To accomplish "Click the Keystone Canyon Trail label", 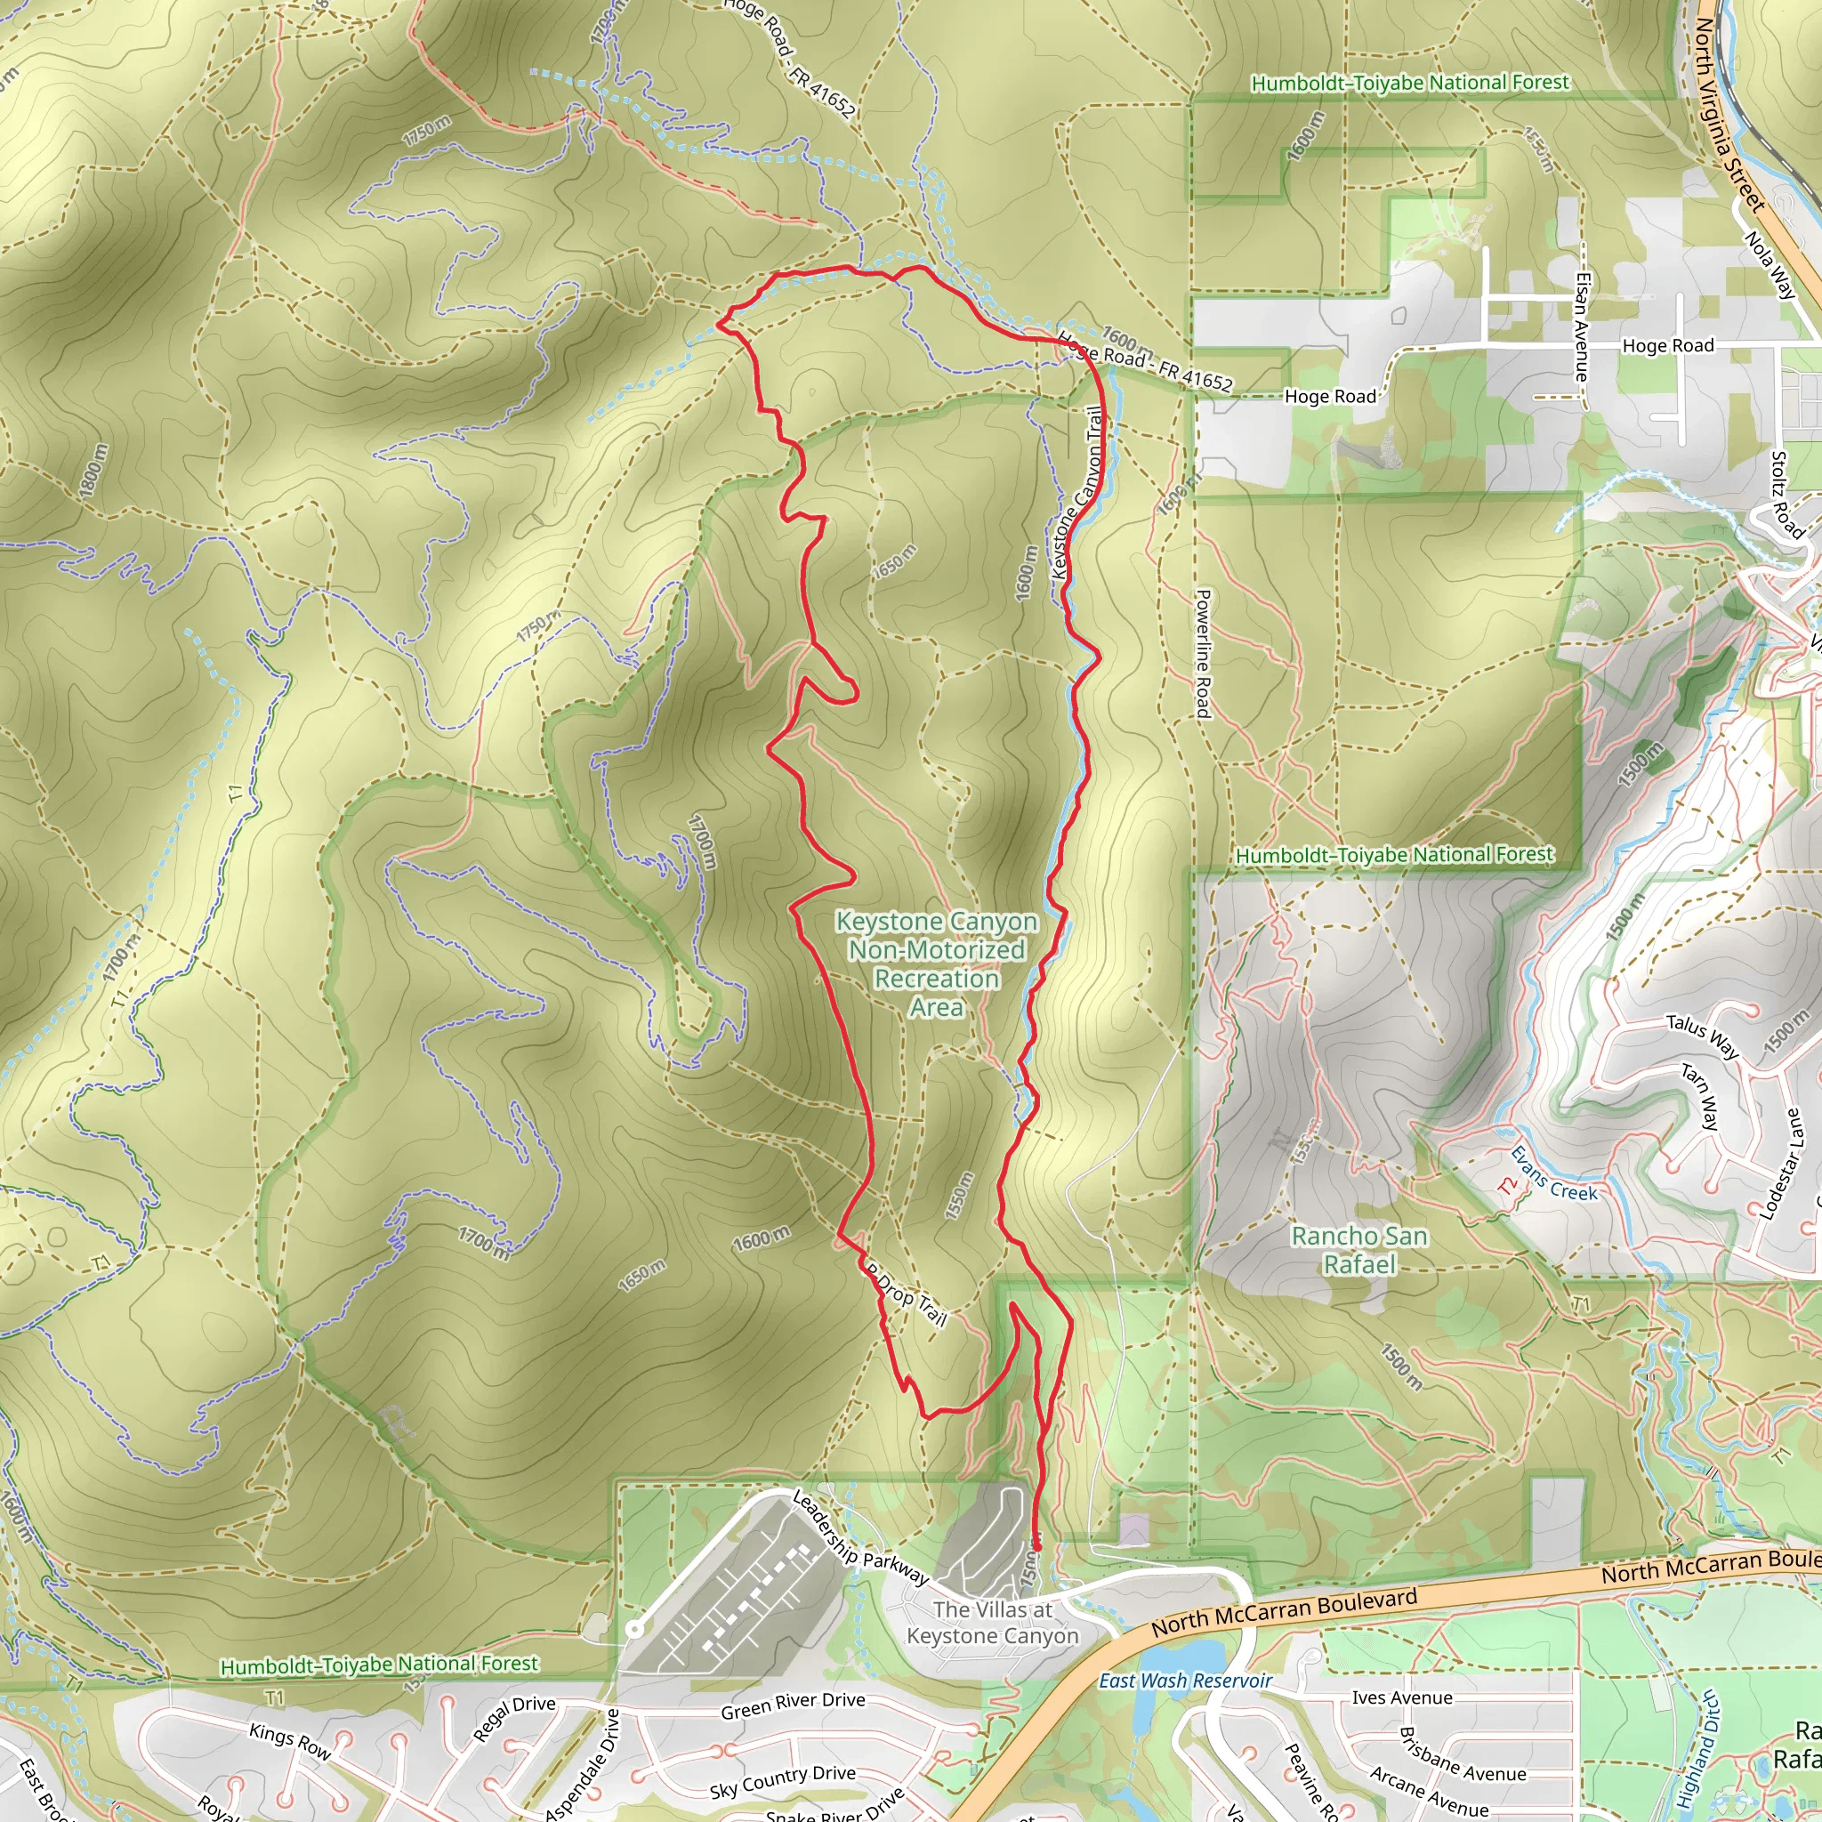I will (x=1078, y=491).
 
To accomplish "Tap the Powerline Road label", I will (x=1203, y=654).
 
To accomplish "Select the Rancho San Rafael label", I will (x=1359, y=1250).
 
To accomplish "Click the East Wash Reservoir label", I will (x=1184, y=1681).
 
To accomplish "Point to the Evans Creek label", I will (x=1553, y=1173).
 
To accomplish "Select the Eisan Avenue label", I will (x=1583, y=327).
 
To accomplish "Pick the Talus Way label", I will (x=1702, y=1036).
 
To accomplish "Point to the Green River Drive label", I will (x=792, y=1705).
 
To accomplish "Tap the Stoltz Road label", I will (x=1786, y=494).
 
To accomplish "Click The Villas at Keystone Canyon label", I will (x=992, y=1622).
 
